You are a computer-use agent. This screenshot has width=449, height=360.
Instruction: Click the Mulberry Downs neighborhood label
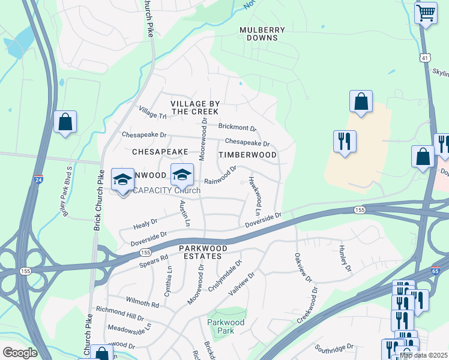(x=259, y=34)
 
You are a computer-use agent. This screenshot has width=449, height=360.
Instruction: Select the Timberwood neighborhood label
(x=247, y=155)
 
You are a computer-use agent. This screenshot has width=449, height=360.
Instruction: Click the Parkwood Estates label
(x=203, y=252)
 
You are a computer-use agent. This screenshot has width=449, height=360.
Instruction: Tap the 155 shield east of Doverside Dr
(x=359, y=209)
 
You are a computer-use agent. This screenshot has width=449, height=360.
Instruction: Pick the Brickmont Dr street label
(x=237, y=127)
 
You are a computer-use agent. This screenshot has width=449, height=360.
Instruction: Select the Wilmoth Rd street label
(x=142, y=301)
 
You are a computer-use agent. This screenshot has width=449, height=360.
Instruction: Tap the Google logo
(x=19, y=353)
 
